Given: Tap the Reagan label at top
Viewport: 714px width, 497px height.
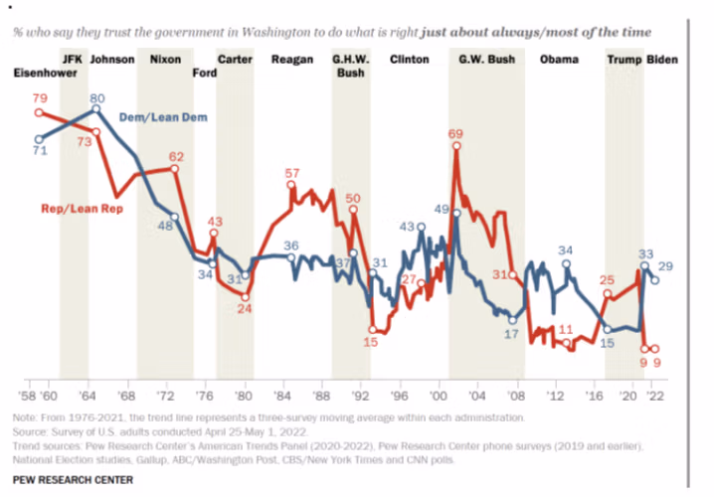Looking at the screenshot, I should (x=290, y=60).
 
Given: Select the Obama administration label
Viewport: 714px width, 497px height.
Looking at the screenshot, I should (x=558, y=60).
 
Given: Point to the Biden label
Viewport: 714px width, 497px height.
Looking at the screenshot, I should (x=662, y=60).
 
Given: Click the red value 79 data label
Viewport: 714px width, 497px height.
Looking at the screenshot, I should (x=40, y=98).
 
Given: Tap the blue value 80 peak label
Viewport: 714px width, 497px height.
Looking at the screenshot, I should (x=97, y=97).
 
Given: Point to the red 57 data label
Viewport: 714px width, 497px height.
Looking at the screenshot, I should (x=291, y=173).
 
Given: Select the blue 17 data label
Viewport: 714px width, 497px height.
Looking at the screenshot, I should (x=512, y=335).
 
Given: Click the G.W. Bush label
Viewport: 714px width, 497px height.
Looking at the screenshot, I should (x=487, y=60).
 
